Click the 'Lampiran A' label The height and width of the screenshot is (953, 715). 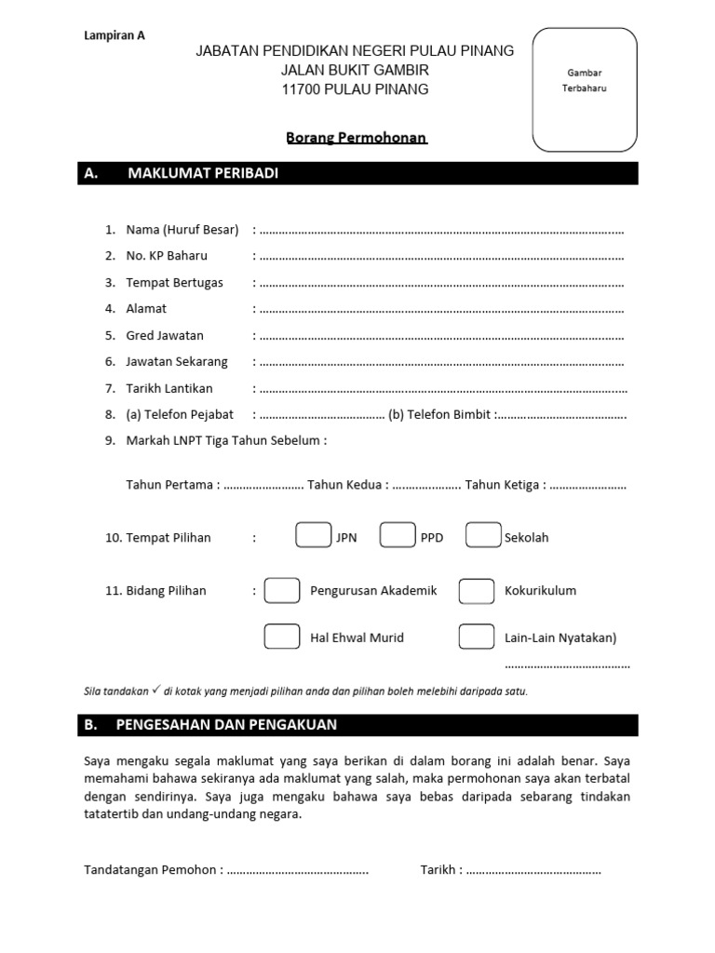click(115, 36)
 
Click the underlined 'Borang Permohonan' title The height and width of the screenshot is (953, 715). click(357, 138)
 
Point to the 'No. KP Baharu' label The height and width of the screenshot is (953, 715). click(167, 256)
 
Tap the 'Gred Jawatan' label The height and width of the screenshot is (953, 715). click(165, 336)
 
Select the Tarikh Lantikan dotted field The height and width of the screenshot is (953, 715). click(441, 389)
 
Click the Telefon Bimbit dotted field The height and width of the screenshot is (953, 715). click(562, 415)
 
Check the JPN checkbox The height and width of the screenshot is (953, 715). click(313, 537)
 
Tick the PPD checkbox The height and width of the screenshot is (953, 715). click(398, 537)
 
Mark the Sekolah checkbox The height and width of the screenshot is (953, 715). click(483, 537)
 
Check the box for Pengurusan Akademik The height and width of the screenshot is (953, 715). click(282, 591)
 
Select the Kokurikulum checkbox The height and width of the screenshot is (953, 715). click(476, 591)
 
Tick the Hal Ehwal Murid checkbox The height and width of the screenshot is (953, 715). click(282, 638)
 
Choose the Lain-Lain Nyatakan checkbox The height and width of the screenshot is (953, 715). click(476, 638)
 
